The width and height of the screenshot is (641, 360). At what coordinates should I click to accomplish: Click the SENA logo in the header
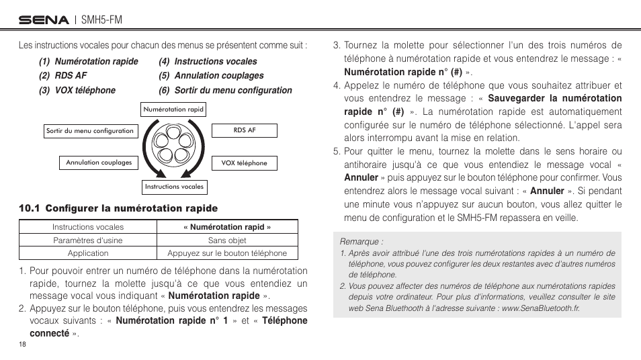click(44, 20)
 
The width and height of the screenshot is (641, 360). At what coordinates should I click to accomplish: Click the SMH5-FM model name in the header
click(101, 20)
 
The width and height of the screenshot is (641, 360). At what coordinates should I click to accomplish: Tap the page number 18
click(22, 344)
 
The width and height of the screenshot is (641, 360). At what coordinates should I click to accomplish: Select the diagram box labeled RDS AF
click(245, 130)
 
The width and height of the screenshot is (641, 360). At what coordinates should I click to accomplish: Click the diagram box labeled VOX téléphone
click(244, 163)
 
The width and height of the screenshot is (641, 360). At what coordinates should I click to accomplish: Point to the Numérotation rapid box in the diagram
click(173, 109)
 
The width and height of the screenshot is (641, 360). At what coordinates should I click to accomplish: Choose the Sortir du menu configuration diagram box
click(89, 131)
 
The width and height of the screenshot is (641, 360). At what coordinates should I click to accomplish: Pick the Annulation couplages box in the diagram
click(99, 163)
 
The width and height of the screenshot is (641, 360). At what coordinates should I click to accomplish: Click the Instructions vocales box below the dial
click(174, 187)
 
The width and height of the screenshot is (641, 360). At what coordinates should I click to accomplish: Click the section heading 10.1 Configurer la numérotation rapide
click(118, 208)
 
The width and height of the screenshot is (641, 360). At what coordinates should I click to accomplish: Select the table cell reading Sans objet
click(227, 240)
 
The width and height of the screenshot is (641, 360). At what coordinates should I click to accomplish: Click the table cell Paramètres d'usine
click(88, 240)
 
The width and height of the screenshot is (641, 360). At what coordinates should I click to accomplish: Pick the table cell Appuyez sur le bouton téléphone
click(227, 253)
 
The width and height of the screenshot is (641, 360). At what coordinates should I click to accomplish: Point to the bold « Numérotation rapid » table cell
click(227, 227)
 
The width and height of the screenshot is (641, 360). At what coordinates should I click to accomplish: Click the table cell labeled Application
click(88, 253)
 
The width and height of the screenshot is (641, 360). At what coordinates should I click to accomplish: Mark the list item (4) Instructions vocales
click(208, 61)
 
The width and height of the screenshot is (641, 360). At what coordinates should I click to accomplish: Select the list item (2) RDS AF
click(63, 76)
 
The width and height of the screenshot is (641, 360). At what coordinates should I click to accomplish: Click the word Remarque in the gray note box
click(361, 241)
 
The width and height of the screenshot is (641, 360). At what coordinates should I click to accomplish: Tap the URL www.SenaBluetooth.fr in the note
click(540, 308)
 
